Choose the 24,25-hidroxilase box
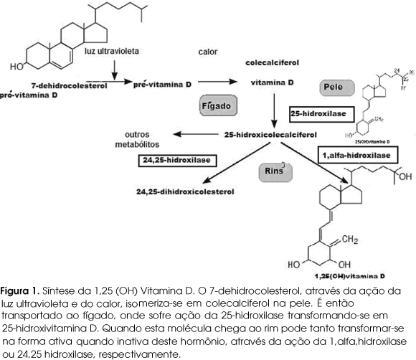pos(176,159)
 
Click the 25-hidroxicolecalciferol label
pos(270,134)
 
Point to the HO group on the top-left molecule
pos(16,67)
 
